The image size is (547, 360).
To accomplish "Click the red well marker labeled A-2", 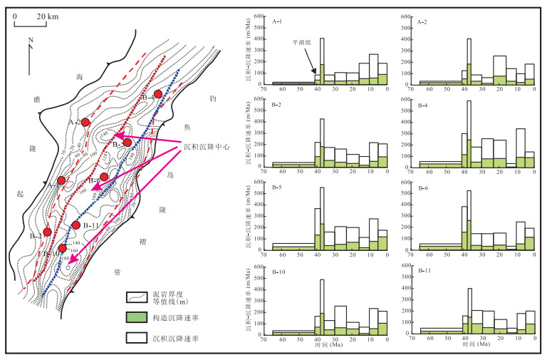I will coord(85,123).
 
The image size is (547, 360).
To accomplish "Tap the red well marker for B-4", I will coord(158,94).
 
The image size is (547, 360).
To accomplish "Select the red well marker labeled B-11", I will coord(76,226).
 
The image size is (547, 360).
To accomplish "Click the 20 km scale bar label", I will coord(48,15).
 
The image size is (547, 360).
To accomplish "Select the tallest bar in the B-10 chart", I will coord(322,307).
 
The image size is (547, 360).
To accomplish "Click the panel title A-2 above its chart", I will coord(423,21).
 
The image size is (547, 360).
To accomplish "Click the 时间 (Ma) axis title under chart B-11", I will coord(474,345).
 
